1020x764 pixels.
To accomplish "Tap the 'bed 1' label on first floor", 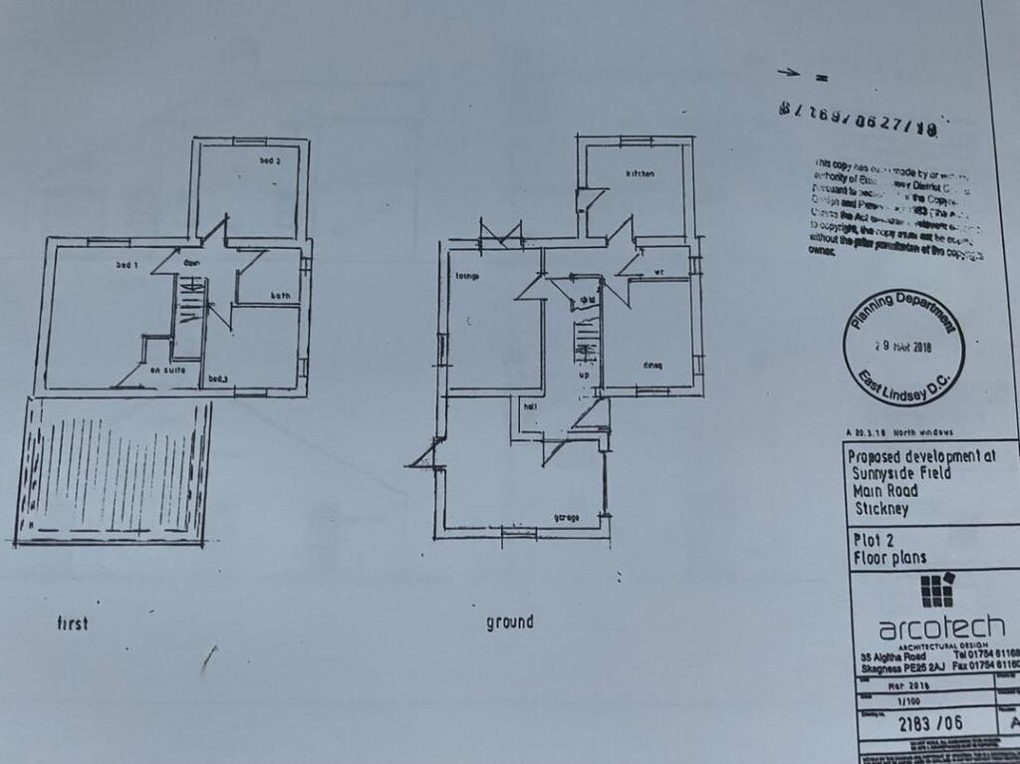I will pyautogui.click(x=126, y=265).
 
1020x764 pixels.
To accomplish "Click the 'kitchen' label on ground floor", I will pyautogui.click(x=639, y=174).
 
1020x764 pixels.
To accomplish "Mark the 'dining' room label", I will pyautogui.click(x=652, y=365).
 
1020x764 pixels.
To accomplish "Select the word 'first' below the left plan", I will pyautogui.click(x=72, y=624).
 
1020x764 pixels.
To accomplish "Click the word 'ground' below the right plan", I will pyautogui.click(x=509, y=623).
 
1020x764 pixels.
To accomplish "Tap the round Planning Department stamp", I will pyautogui.click(x=902, y=348).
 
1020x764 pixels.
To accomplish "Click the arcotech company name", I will pyautogui.click(x=940, y=629).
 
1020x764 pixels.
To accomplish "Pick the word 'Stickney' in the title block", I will pyautogui.click(x=884, y=507).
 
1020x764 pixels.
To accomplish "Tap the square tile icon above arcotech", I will pyautogui.click(x=936, y=590).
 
